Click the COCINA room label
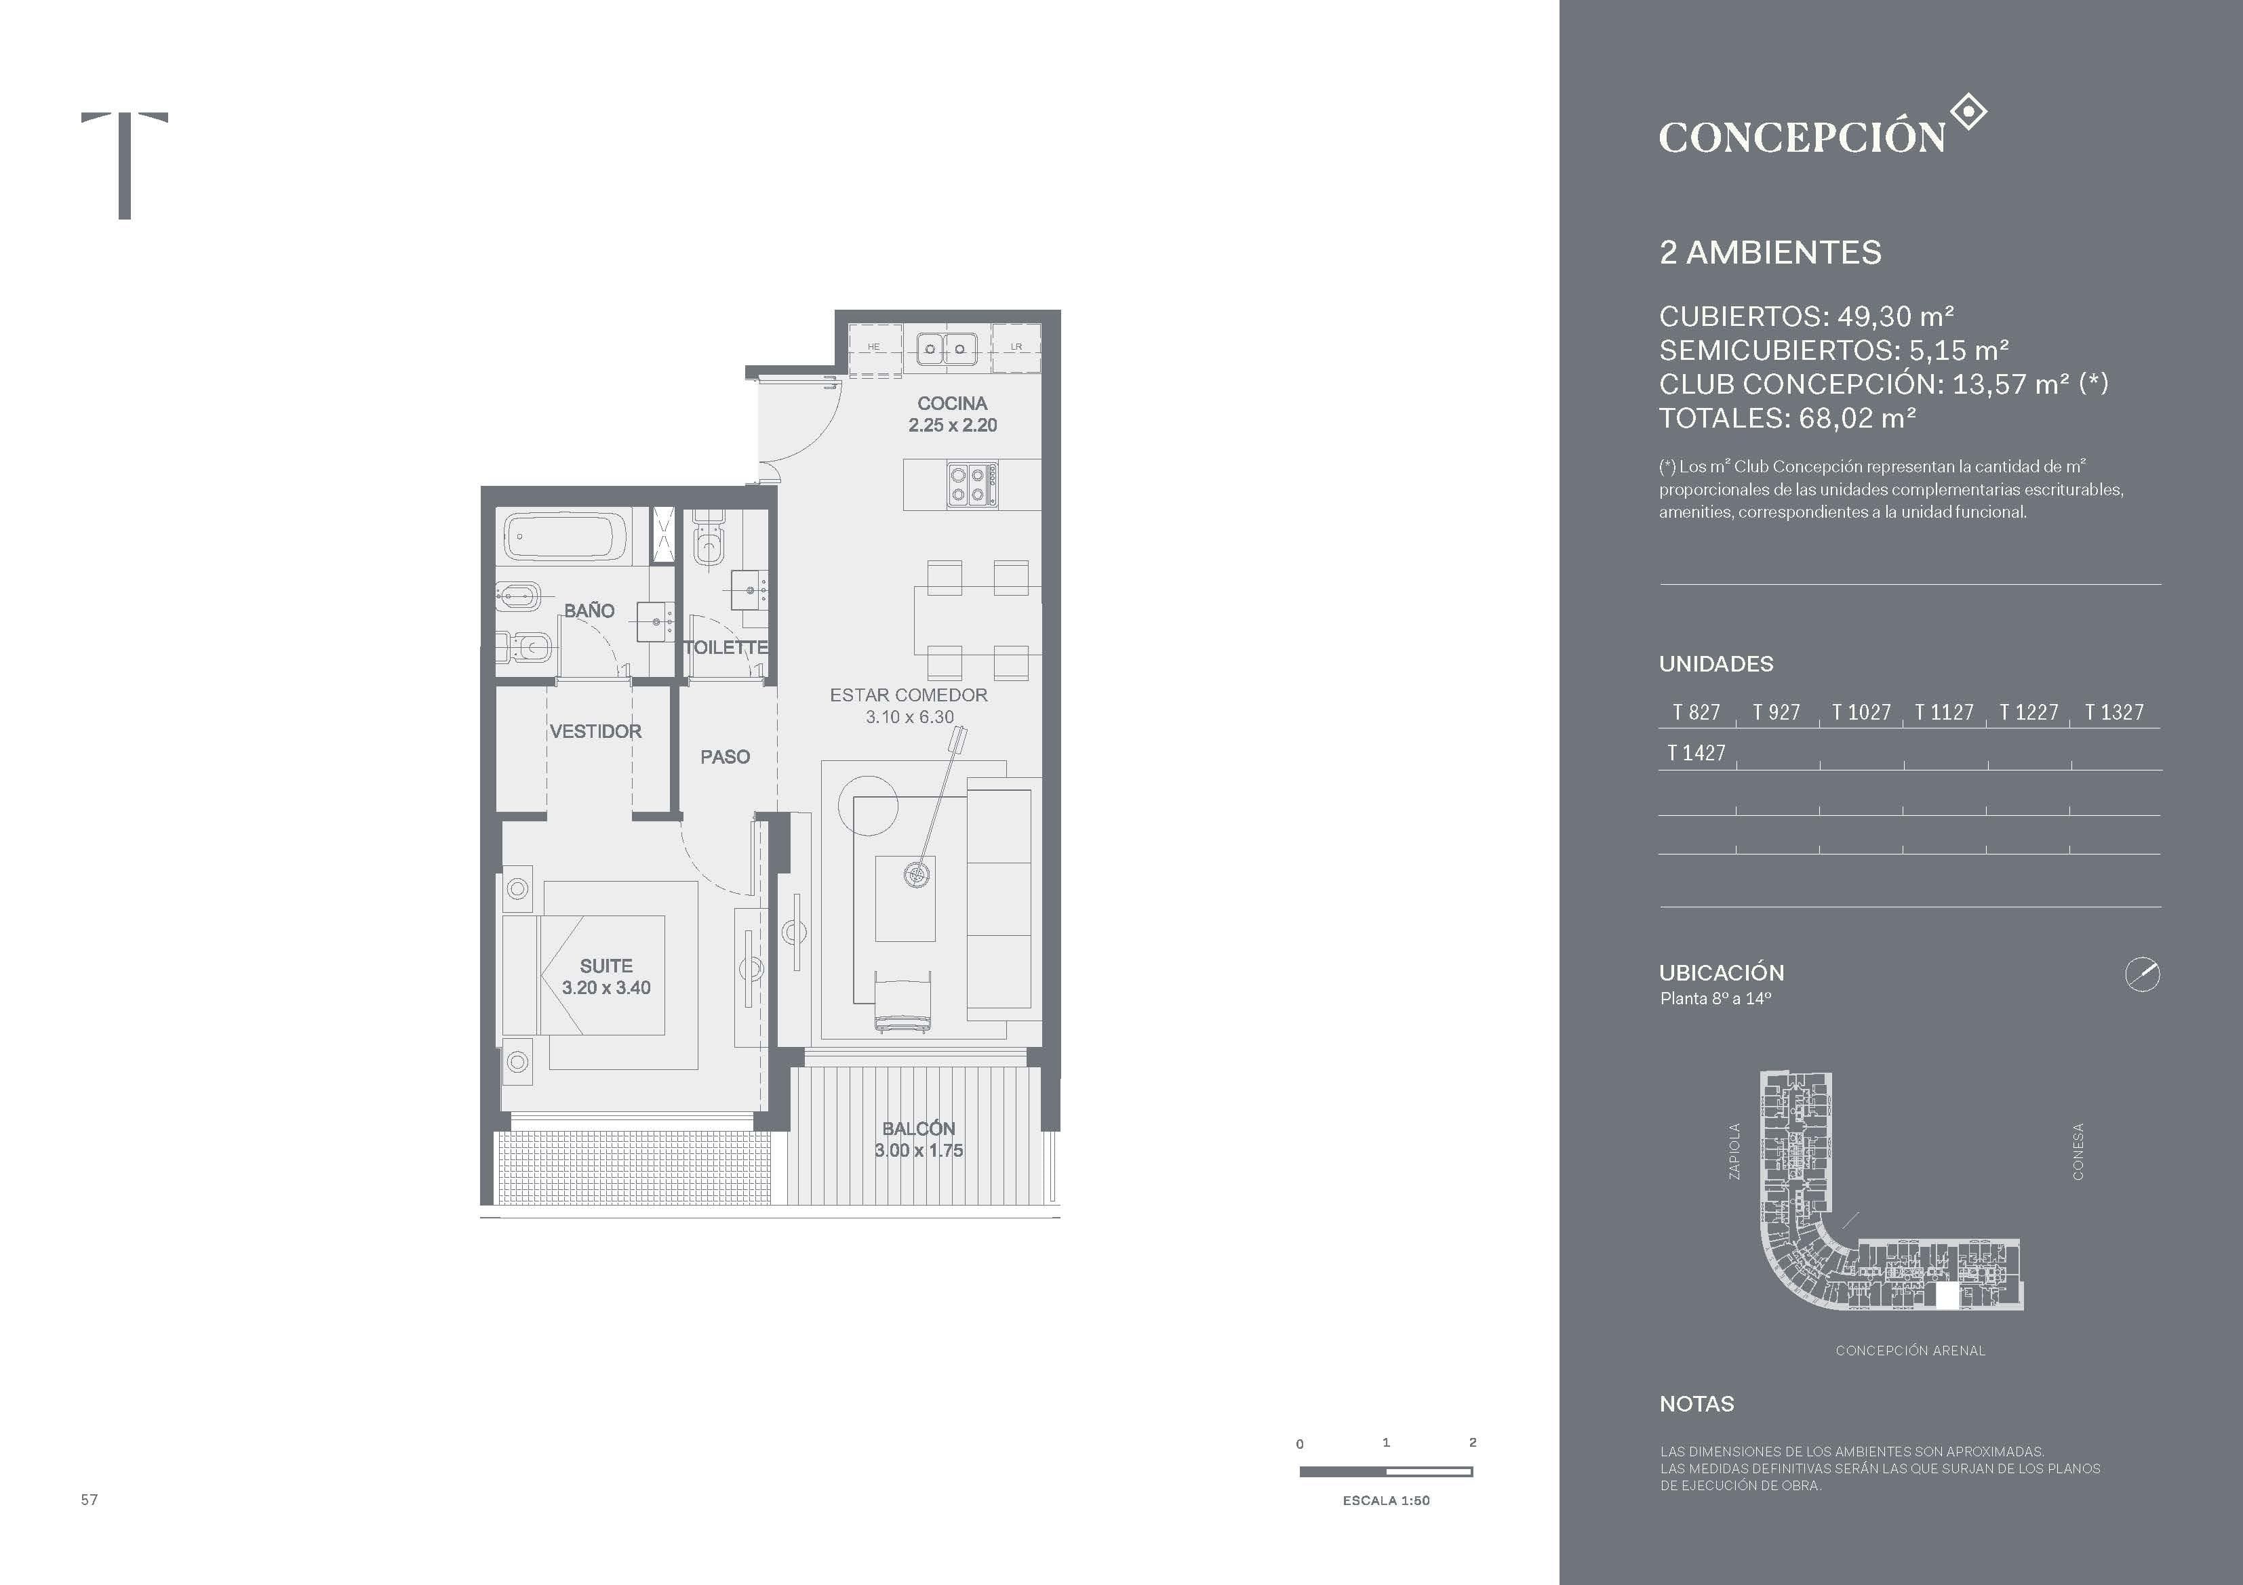tap(953, 403)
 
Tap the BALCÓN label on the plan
tap(918, 1129)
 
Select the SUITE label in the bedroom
tap(606, 966)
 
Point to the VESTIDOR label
tap(595, 731)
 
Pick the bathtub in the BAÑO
tap(565, 537)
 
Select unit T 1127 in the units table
tap(1944, 713)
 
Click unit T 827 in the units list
tap(1696, 713)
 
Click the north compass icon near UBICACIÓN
tap(2143, 974)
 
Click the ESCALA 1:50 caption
tap(1385, 1500)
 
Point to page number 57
tap(89, 1499)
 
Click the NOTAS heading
tap(1697, 1404)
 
